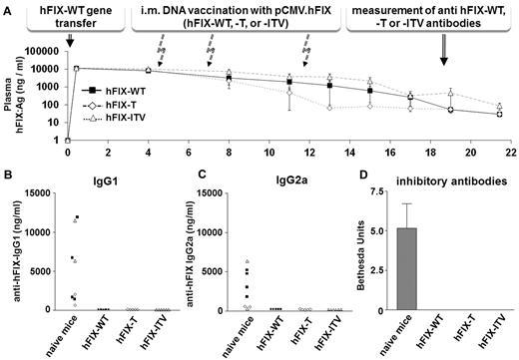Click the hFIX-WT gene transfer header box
click(68, 17)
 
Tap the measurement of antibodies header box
click(431, 17)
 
